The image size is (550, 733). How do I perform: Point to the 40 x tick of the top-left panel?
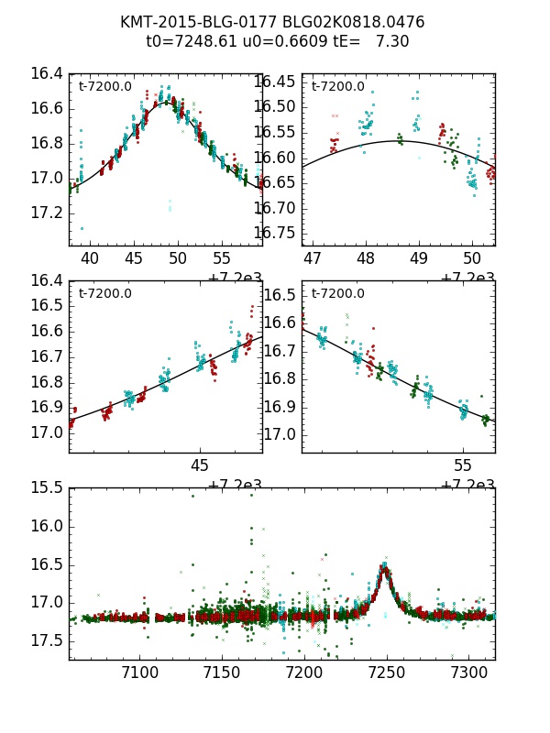[x=90, y=258]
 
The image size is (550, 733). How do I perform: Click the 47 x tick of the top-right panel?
[x=313, y=258]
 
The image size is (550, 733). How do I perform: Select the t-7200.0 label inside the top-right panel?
[x=337, y=87]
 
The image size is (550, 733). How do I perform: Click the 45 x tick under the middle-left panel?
[x=200, y=465]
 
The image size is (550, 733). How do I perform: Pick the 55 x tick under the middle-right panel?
[x=463, y=465]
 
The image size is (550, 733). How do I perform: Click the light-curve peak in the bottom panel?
[x=385, y=569]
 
